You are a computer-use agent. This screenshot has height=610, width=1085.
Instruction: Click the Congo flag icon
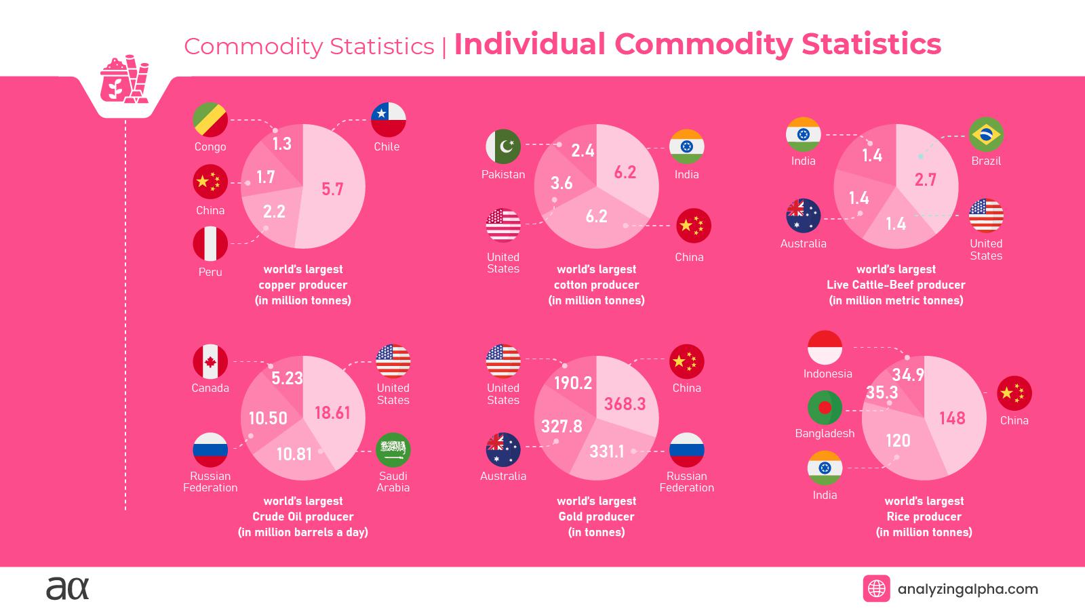point(210,120)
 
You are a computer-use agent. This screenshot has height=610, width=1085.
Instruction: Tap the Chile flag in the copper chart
point(388,120)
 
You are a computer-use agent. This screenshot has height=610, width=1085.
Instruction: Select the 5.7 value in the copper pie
point(332,189)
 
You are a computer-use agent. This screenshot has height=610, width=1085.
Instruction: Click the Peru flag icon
point(210,244)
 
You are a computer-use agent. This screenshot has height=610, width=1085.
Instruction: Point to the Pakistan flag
point(503,146)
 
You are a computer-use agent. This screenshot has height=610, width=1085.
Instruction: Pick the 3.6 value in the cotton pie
point(561,183)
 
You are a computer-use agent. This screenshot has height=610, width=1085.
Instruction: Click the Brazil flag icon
point(986,134)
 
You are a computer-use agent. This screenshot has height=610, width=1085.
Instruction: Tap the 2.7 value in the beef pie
point(925,180)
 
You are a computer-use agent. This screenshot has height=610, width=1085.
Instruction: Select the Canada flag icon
point(210,361)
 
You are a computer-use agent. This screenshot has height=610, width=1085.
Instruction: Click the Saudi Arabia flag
point(393,449)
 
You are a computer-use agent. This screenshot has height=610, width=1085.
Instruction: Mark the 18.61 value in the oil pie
point(332,412)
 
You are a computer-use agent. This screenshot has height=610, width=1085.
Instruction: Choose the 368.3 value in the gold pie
point(625,404)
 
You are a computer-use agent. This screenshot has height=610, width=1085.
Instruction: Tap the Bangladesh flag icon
point(825,408)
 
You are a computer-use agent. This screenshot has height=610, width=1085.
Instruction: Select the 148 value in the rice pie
point(952,418)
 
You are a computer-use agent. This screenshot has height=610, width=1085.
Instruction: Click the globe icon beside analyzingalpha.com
point(876,588)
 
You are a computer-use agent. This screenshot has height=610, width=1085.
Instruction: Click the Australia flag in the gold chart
point(503,449)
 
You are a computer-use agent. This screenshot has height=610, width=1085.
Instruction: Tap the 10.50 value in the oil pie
point(267,418)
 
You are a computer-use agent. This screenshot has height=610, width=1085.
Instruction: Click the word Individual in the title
point(530,44)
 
